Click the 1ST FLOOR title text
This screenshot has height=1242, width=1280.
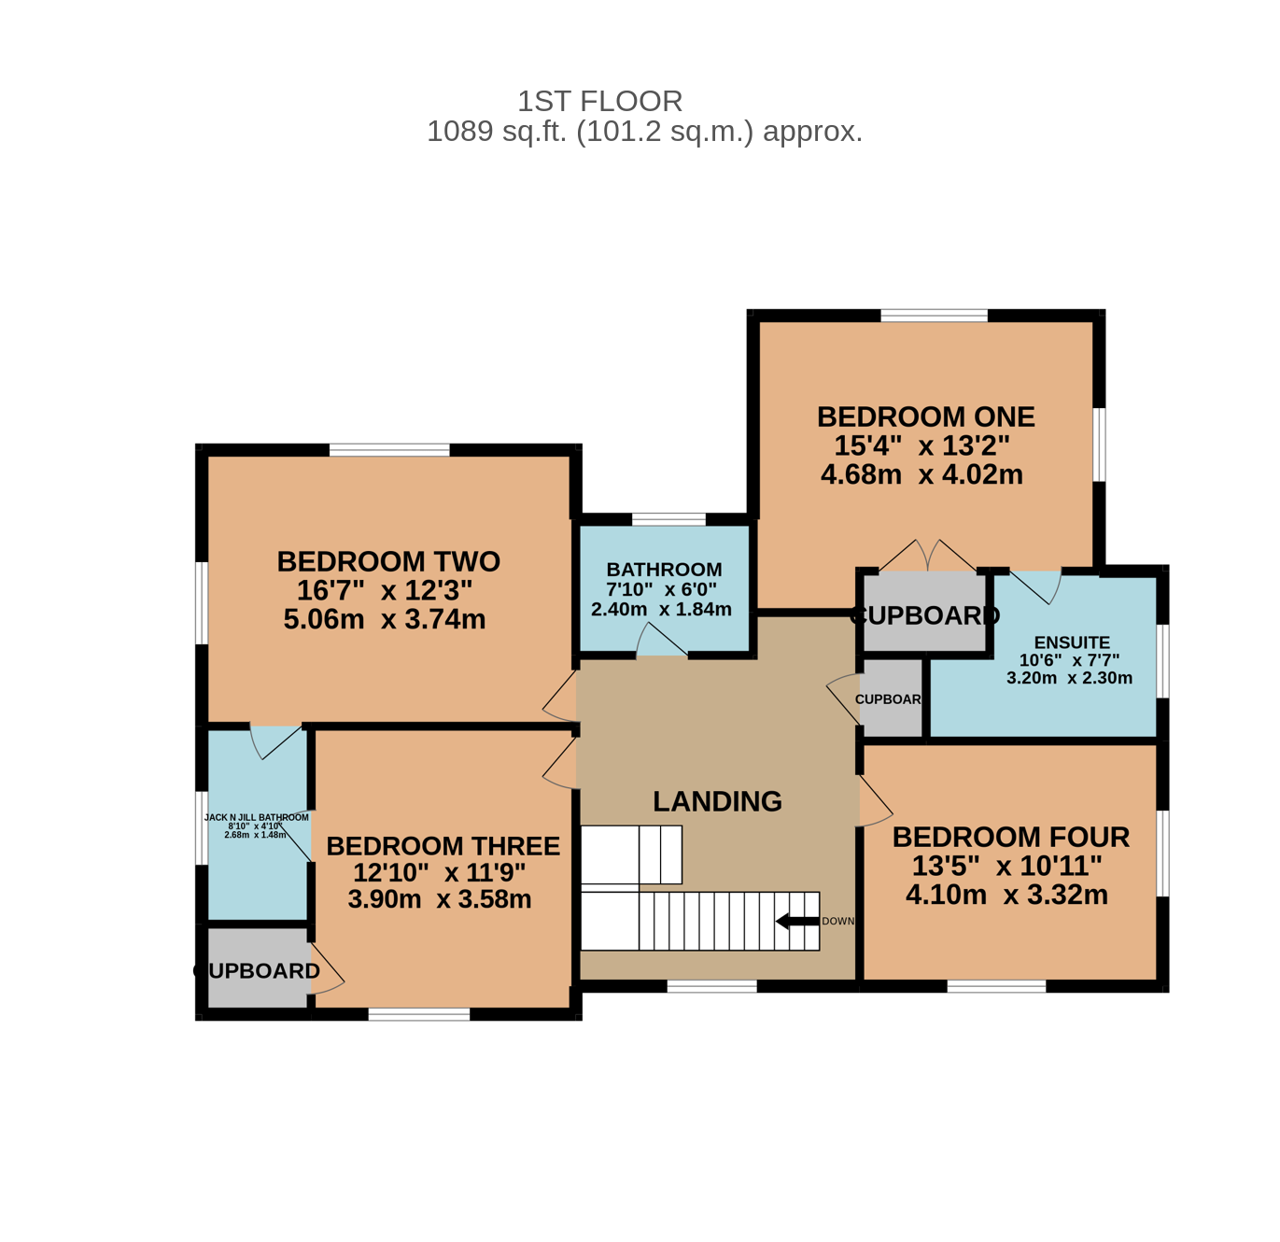pos(599,101)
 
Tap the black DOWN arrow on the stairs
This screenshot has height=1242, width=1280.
pos(797,922)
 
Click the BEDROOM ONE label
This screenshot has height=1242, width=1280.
pos(925,416)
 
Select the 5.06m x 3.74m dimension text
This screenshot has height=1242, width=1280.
pos(384,619)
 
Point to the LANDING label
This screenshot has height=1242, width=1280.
pos(717,801)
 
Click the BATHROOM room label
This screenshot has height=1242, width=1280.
pos(664,569)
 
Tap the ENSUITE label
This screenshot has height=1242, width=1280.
pos(1072,642)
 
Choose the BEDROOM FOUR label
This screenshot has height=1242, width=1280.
pos(1011,837)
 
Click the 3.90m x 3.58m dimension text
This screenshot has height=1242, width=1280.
pos(440,898)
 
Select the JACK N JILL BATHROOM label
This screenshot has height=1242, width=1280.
pos(256,817)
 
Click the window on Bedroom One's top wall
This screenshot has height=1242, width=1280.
pos(934,315)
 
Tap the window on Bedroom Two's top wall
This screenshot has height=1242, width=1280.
pos(389,450)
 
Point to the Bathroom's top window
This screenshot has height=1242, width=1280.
pos(668,520)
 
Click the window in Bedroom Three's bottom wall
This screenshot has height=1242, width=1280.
pos(419,1014)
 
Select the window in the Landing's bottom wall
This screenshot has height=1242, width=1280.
pos(711,986)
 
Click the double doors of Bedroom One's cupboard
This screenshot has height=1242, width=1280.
pos(927,556)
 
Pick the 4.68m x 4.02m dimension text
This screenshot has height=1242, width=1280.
pos(921,474)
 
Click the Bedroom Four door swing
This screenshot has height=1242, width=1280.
pos(876,801)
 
